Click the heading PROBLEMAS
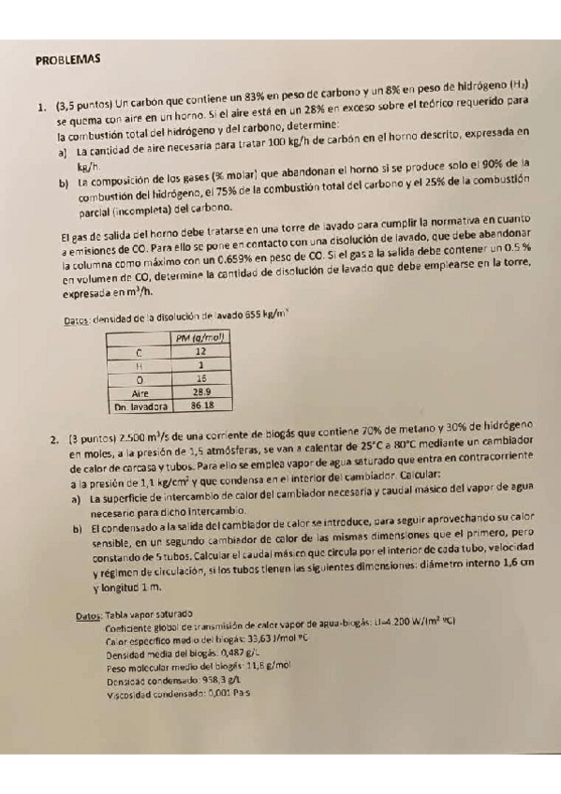66,58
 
